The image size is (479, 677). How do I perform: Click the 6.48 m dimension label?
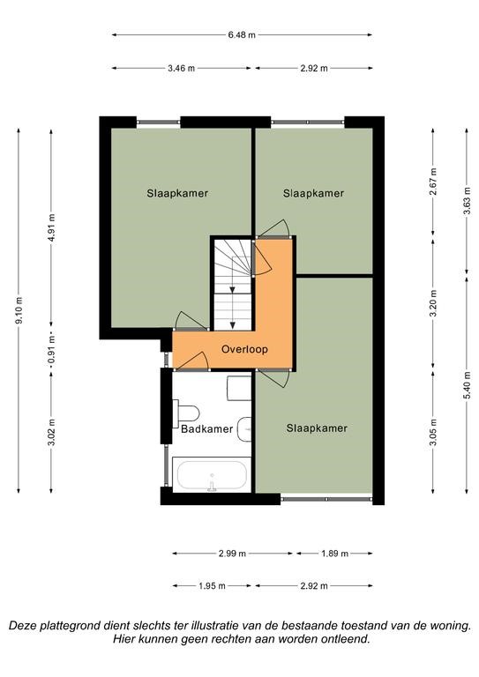tap(242, 35)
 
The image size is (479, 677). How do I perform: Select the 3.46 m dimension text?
tap(182, 68)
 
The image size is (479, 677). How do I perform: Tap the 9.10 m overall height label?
tap(19, 311)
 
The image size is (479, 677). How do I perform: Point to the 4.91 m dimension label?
tap(51, 228)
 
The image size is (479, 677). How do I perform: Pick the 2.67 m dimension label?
tap(433, 182)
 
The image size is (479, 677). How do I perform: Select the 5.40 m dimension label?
tap(467, 385)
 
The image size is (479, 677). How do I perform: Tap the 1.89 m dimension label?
tap(334, 553)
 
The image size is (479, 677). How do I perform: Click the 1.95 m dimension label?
tap(212, 586)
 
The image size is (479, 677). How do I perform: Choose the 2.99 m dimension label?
tap(232, 553)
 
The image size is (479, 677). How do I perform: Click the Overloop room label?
tap(244, 349)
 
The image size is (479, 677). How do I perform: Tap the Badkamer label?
tap(207, 429)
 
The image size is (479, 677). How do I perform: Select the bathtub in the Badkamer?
tap(212, 474)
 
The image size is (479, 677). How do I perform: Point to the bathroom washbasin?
tap(244, 429)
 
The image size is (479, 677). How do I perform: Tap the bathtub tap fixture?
tap(212, 486)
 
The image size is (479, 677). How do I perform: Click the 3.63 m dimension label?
tap(467, 202)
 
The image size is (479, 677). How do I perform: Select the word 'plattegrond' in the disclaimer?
tap(70, 626)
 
